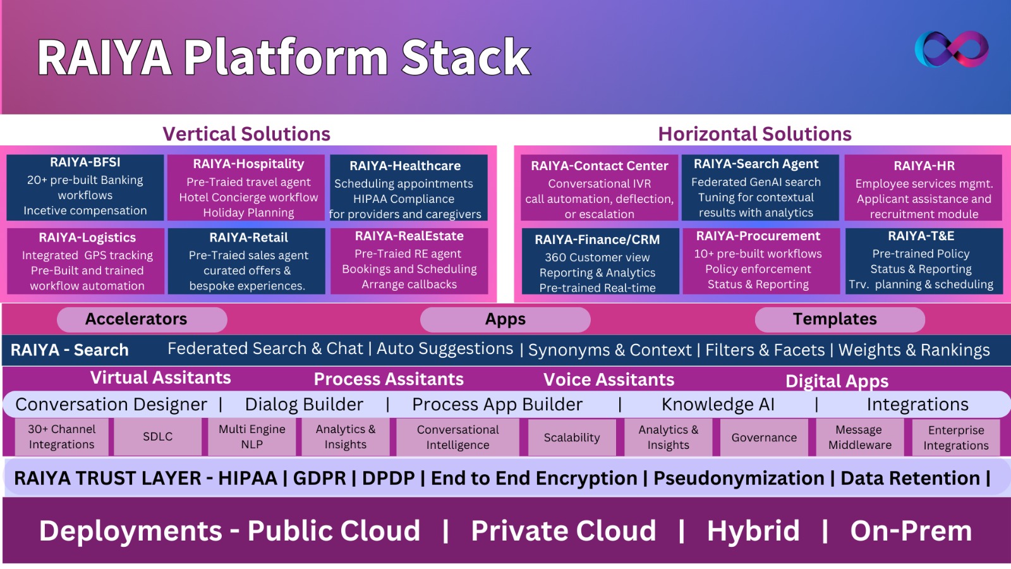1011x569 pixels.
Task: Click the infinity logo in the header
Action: (x=952, y=49)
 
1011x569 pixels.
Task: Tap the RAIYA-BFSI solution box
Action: (x=85, y=187)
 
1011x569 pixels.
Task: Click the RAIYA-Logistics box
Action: (x=87, y=261)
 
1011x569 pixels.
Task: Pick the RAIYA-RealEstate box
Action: (x=409, y=260)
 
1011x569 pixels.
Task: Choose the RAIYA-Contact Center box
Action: (x=599, y=188)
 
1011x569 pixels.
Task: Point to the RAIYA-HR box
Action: (x=923, y=188)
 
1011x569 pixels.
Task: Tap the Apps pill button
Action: (x=505, y=319)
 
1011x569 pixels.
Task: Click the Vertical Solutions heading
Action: (x=246, y=134)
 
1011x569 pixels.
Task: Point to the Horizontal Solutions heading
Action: (x=754, y=134)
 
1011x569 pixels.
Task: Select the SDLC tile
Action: (x=157, y=437)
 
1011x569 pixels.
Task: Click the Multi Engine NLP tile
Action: (x=251, y=437)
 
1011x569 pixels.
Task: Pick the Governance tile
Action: (x=763, y=437)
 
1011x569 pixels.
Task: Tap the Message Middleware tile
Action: (x=859, y=437)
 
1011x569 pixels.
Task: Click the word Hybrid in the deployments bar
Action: (x=753, y=531)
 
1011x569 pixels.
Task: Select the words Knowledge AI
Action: (x=718, y=405)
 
